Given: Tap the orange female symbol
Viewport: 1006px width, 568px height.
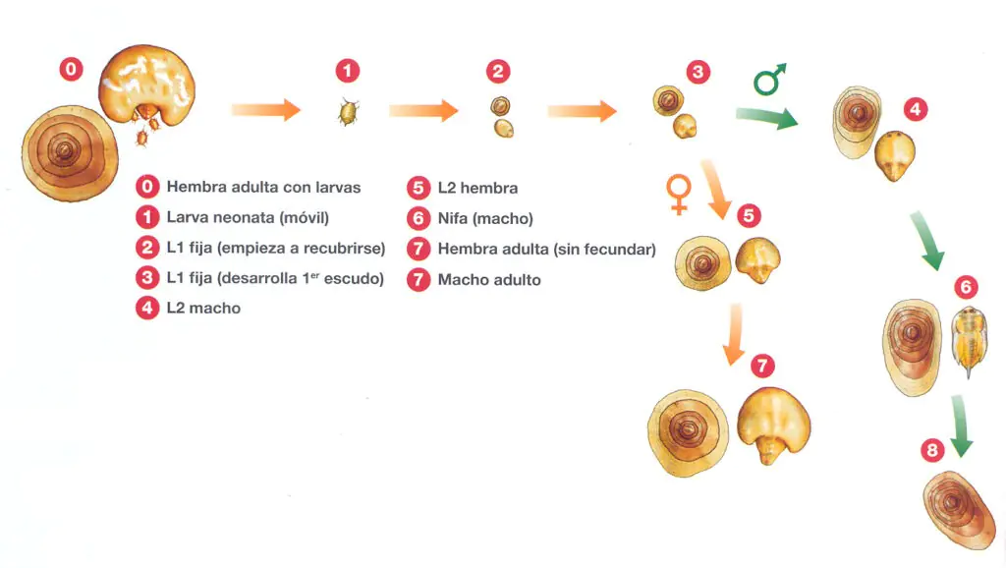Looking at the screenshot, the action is pyautogui.click(x=678, y=194).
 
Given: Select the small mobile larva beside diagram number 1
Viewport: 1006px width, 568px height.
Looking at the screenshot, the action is pyautogui.click(x=348, y=112).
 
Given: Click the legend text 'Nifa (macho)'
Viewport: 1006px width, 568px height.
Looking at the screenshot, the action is pyautogui.click(x=485, y=218).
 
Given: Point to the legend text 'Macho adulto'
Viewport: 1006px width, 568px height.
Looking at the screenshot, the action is pyautogui.click(x=489, y=280).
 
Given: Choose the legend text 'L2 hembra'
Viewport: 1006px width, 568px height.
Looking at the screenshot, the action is pyautogui.click(x=477, y=188).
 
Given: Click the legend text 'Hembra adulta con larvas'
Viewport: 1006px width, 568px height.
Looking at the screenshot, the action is pyautogui.click(x=263, y=187).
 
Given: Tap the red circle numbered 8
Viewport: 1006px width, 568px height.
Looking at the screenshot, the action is pyautogui.click(x=932, y=450).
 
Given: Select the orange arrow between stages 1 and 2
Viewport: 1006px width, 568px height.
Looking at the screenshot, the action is pyautogui.click(x=423, y=110).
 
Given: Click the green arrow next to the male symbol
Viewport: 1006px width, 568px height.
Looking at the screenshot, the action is pyautogui.click(x=766, y=118).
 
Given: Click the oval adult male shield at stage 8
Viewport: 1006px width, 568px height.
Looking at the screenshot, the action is pyautogui.click(x=959, y=510).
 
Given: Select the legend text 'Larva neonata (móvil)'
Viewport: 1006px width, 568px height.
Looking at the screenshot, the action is pyautogui.click(x=248, y=217).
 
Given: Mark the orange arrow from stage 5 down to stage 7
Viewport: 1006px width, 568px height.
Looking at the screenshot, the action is pyautogui.click(x=734, y=335).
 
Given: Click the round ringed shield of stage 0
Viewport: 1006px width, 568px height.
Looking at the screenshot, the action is pyautogui.click(x=70, y=153).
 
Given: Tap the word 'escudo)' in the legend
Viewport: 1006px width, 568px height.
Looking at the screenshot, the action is pyautogui.click(x=354, y=278).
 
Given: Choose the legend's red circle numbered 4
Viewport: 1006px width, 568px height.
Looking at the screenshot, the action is pyautogui.click(x=147, y=308).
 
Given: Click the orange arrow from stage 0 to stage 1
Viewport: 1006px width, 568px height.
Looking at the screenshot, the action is pyautogui.click(x=265, y=110).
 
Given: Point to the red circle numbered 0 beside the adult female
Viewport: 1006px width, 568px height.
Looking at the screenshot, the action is pyautogui.click(x=71, y=69).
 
